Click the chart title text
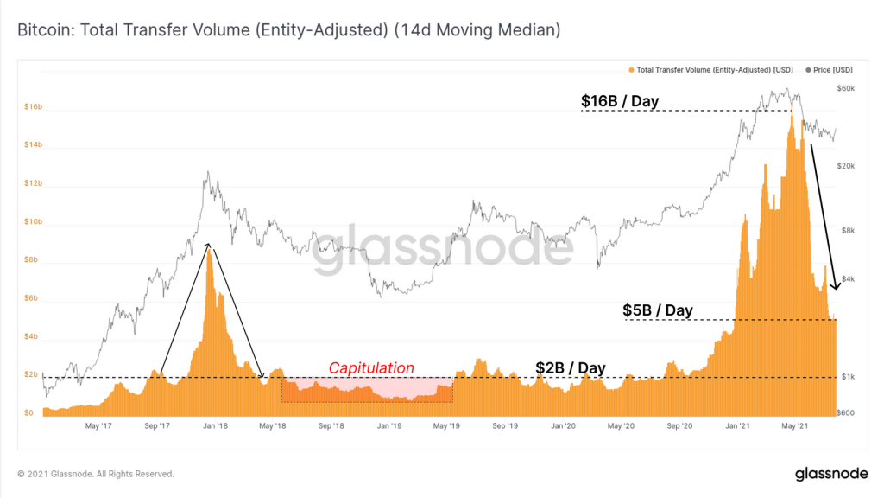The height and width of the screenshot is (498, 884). [x=288, y=30]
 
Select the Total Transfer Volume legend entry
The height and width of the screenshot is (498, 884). [x=711, y=70]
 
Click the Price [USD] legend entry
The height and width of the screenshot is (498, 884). [x=830, y=70]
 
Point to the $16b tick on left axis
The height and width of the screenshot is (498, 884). [x=34, y=106]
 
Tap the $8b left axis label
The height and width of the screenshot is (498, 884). [x=31, y=259]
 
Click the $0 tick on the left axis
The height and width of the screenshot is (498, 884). [x=28, y=412]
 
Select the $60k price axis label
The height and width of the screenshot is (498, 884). [x=846, y=88]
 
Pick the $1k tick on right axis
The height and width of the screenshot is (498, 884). [x=848, y=377]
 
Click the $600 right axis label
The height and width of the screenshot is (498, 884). [x=845, y=412]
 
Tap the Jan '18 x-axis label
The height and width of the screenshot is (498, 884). [x=215, y=425]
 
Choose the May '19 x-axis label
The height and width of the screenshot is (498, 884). [x=446, y=425]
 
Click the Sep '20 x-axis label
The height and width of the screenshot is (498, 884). [x=679, y=425]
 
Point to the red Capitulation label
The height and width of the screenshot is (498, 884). [x=371, y=368]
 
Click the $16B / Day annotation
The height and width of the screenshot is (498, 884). [x=620, y=101]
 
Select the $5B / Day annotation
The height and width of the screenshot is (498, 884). [x=657, y=310]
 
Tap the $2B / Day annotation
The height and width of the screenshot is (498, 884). [x=571, y=368]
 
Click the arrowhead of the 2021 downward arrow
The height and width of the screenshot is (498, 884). [x=837, y=286]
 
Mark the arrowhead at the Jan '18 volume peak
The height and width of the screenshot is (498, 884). [x=208, y=245]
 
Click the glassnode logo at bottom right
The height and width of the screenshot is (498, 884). [x=831, y=474]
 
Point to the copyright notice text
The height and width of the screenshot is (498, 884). [x=96, y=474]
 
